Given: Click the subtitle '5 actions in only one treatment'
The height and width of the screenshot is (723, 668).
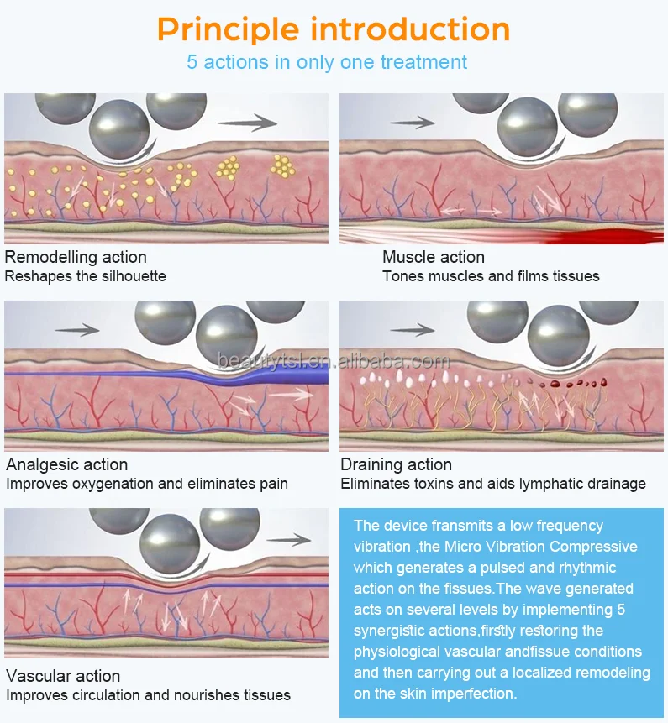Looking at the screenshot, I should (x=327, y=62).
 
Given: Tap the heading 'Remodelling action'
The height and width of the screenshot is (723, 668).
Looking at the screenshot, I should (x=76, y=257).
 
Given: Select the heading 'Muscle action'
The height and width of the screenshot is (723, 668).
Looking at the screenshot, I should (x=433, y=257).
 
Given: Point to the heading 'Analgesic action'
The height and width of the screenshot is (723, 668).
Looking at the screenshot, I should (x=67, y=464).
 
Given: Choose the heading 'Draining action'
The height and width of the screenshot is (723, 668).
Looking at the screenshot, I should (x=396, y=464).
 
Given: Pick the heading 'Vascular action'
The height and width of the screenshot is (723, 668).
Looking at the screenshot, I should (x=63, y=676).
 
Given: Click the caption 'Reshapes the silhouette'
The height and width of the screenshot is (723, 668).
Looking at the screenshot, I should (x=85, y=276).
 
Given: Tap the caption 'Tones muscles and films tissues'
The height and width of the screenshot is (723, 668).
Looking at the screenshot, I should (x=491, y=276).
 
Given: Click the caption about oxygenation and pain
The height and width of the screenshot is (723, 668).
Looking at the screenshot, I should (x=147, y=484).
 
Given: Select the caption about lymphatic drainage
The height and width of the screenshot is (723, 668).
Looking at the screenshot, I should (x=493, y=484).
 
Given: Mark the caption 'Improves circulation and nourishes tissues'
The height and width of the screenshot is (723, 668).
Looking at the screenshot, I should (x=148, y=695).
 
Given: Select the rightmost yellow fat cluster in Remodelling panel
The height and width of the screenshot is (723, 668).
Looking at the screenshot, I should (x=283, y=166).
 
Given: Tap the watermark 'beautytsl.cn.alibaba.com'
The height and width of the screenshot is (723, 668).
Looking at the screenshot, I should (x=334, y=361).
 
